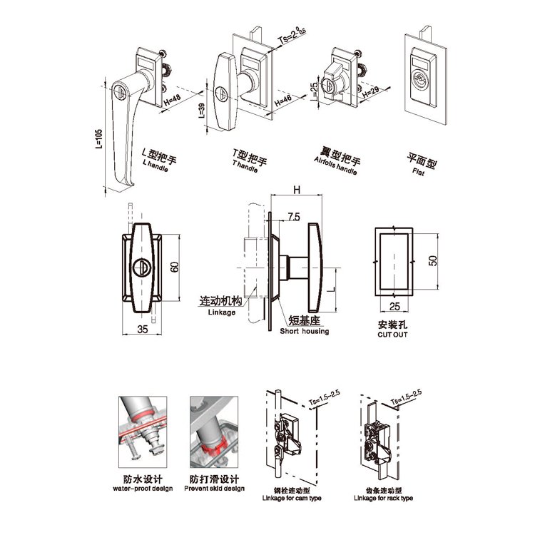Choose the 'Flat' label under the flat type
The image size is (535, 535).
(422, 172)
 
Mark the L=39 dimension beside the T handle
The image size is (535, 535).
(202, 113)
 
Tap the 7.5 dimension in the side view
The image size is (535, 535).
(293, 215)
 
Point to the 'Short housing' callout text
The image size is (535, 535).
(305, 331)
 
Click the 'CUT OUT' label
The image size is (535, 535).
(392, 334)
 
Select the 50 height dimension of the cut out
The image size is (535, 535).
(431, 260)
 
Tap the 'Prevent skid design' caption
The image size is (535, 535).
(214, 489)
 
